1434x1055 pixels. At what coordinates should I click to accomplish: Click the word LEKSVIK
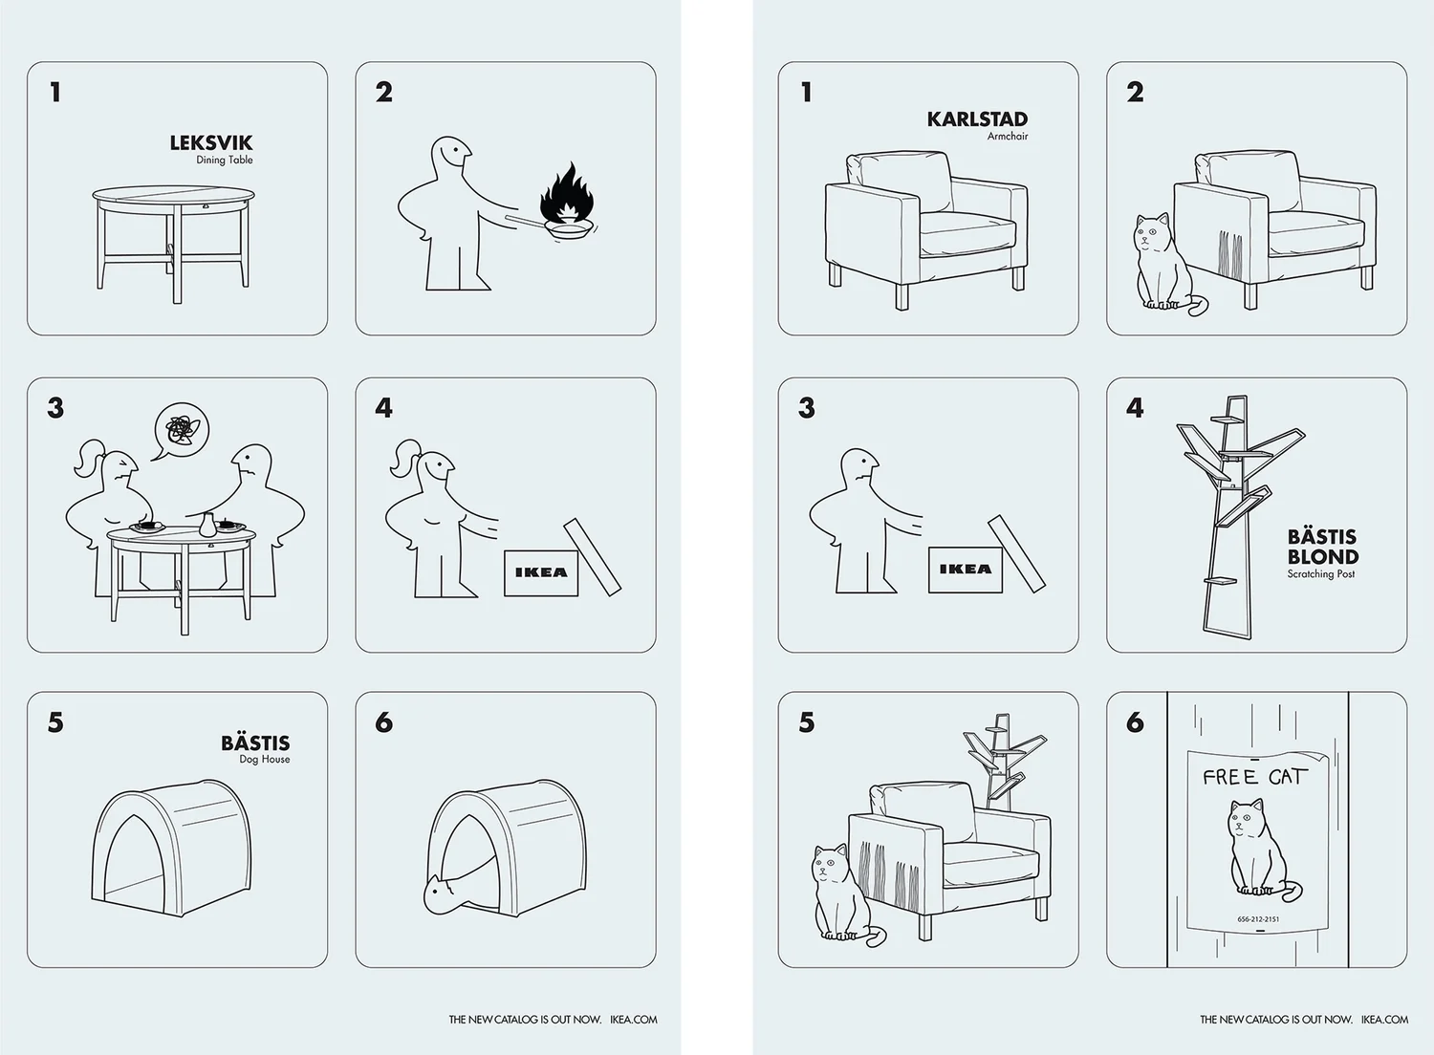[x=211, y=142]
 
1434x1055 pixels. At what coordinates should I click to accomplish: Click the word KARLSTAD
[x=977, y=119]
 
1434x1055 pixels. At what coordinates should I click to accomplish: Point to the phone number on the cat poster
[x=1259, y=919]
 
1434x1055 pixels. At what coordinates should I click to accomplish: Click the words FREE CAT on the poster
[x=1254, y=777]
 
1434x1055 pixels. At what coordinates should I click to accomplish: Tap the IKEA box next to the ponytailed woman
[x=541, y=572]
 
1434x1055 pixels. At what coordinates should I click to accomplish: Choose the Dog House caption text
[x=265, y=760]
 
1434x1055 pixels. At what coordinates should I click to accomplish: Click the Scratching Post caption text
[x=1320, y=574]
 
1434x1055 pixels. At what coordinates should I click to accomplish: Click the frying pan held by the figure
[x=569, y=229]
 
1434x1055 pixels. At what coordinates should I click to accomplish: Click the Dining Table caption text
[x=224, y=160]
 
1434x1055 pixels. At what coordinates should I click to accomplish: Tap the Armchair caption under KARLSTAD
[x=1008, y=137]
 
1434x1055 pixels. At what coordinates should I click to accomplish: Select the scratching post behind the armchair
[x=1003, y=762]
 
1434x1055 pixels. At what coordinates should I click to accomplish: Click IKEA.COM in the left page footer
[x=633, y=1020]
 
